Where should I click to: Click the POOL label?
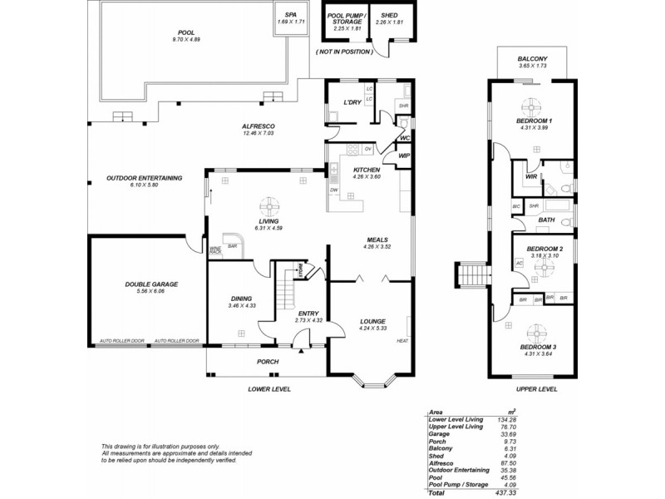186,32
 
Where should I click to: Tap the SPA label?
290,14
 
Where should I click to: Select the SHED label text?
388,15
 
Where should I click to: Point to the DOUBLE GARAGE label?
151,284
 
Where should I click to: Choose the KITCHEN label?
366,170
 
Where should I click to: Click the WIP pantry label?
405,156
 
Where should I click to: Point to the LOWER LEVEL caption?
268,388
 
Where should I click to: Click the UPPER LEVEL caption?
535,388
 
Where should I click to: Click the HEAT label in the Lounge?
402,341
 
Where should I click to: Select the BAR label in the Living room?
233,246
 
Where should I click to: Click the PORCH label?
267,362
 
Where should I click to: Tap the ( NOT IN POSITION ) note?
343,52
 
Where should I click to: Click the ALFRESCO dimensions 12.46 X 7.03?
258,133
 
